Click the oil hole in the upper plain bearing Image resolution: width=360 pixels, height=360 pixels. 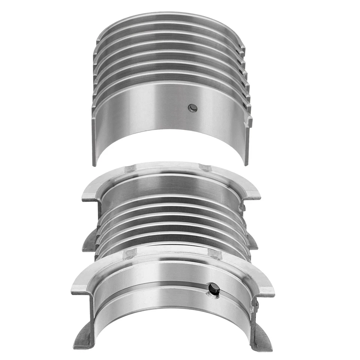click(193, 108)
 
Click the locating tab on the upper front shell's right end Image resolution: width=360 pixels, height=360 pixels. click(249, 121)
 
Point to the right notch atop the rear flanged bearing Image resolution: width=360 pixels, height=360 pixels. click(205, 167)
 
